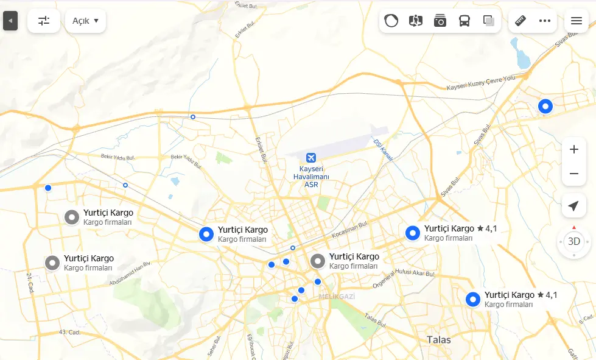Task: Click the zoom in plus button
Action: tap(573, 149)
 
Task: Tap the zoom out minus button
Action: tap(573, 174)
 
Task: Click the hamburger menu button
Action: tap(577, 21)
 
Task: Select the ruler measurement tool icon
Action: tap(521, 21)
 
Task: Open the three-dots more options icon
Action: tap(545, 21)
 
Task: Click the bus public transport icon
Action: tap(465, 21)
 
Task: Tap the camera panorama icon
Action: tap(440, 21)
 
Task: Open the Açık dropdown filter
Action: tap(85, 21)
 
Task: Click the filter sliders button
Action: tap(44, 21)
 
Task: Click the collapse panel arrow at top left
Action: tap(10, 21)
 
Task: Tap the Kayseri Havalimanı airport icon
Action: tap(311, 158)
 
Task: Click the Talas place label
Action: tap(438, 339)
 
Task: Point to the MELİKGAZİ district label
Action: tap(337, 297)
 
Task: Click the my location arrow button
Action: tap(573, 206)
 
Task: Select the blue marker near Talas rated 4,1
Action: tap(473, 299)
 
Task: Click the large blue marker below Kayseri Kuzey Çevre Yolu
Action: tap(545, 107)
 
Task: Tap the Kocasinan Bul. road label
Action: tap(351, 230)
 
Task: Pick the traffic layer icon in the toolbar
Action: tap(391, 21)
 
